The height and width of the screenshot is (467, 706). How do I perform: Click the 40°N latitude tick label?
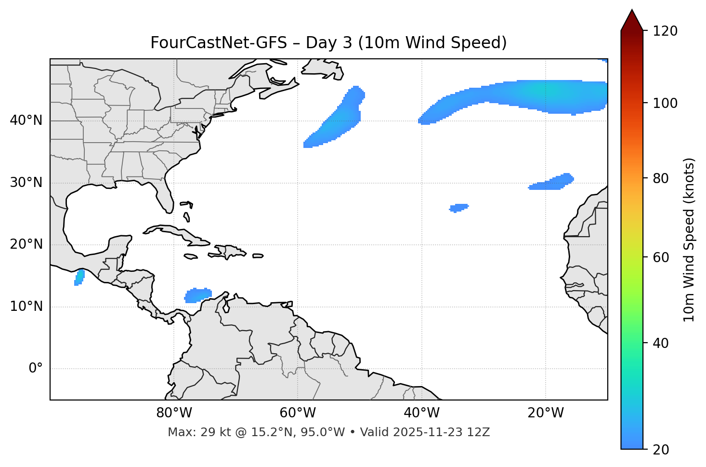pos(26,120)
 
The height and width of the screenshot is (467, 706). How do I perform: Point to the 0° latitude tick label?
pos(36,369)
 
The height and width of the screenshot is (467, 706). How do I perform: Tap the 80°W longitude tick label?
pos(174,413)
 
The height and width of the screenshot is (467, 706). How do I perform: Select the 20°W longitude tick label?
pos(546,413)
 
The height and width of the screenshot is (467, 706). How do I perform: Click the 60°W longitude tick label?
pos(298,413)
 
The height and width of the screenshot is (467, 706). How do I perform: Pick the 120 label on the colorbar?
pos(665,31)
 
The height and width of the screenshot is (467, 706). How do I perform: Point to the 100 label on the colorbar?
pos(665,103)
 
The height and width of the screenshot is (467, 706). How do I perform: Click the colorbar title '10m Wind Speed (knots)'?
pos(689,240)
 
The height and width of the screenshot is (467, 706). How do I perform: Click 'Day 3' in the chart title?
pos(329,43)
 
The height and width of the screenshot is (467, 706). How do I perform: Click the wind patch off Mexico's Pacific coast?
pos(79,278)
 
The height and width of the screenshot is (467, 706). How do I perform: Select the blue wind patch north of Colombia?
pos(198,295)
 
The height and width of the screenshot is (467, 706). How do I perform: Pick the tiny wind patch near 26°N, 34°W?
pos(458,208)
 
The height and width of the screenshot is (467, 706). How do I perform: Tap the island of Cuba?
pos(173,232)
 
